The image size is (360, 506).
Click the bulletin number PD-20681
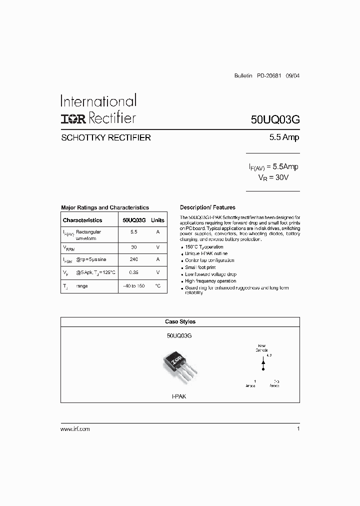tap(269, 76)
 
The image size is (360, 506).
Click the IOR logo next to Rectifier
tap(73, 118)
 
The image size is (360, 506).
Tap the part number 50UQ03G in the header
tap(275, 120)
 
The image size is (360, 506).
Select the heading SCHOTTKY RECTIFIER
tap(105, 137)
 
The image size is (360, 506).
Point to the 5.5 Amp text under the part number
tap(284, 137)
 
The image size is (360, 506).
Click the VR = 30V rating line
tap(273, 177)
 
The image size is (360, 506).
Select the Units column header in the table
tap(157, 220)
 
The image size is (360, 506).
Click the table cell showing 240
tap(133, 259)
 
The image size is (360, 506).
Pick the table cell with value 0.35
tap(133, 272)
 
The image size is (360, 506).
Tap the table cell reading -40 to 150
tap(133, 286)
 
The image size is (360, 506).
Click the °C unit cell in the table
tap(157, 286)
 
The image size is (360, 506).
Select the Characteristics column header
tap(82, 220)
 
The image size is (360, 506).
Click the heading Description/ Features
tap(207, 207)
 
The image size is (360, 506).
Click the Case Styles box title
tap(180, 322)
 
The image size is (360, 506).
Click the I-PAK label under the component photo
tap(179, 395)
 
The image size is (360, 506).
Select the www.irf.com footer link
tap(75, 429)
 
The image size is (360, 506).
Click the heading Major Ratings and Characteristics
tap(105, 207)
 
